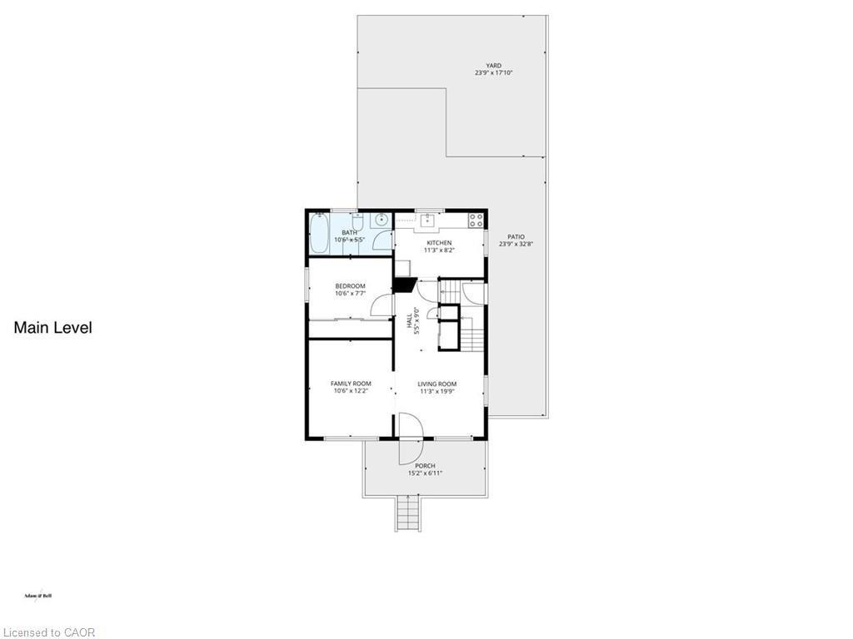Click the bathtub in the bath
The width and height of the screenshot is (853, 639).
tap(320, 233)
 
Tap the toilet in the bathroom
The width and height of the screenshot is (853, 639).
tap(357, 222)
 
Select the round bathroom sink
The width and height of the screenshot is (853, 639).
tap(381, 220)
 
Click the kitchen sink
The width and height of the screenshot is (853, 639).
tap(427, 220)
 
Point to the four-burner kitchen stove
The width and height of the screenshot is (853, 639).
tap(476, 220)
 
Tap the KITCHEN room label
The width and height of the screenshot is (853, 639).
tap(439, 243)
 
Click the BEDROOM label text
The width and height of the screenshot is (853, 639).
tap(350, 286)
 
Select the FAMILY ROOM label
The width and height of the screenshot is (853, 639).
tap(351, 384)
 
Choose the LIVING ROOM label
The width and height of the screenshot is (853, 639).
tap(437, 384)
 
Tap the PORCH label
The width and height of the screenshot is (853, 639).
tap(425, 466)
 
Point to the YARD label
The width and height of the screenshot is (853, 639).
tap(494, 66)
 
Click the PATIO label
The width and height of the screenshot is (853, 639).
tap(516, 237)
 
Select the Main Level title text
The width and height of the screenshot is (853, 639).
tap(52, 328)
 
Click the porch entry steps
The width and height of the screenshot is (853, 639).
tap(407, 513)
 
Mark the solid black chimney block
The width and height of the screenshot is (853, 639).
tap(405, 285)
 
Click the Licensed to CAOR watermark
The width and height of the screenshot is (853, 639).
tap(48, 632)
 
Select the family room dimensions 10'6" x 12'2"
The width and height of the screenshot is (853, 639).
tap(351, 391)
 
